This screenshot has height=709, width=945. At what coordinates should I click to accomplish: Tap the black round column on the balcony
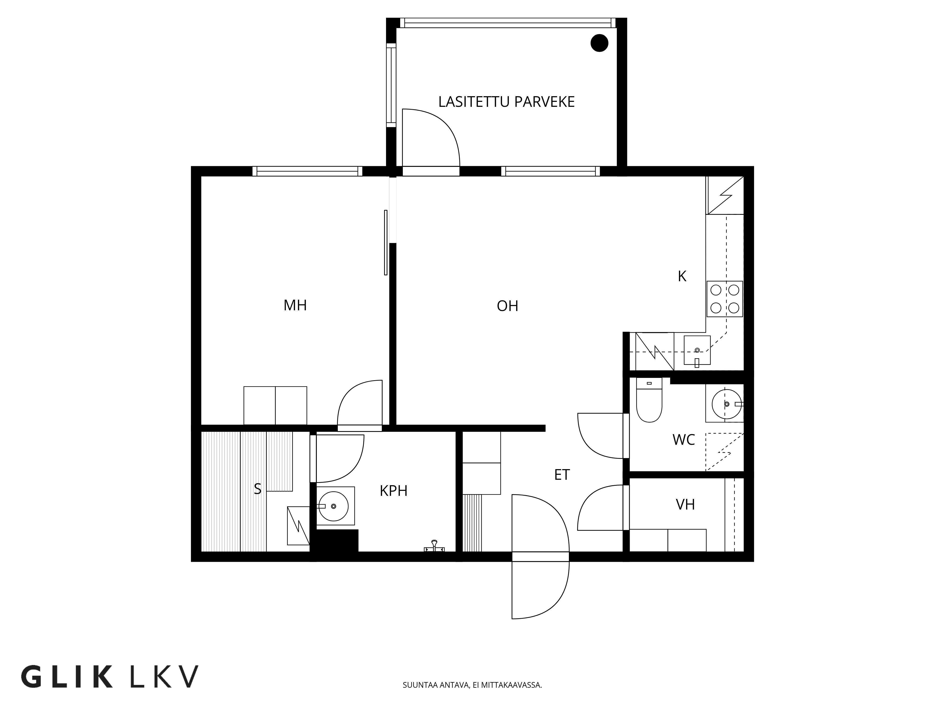(x=599, y=43)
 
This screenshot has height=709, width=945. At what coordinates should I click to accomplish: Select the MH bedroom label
(x=295, y=305)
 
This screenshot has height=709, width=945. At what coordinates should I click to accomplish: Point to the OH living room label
(x=507, y=306)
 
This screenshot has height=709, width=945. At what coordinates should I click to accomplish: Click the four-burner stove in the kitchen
(x=725, y=299)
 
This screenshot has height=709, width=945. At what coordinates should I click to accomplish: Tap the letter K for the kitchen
(x=682, y=277)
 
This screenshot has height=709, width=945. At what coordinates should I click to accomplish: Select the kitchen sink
(x=697, y=350)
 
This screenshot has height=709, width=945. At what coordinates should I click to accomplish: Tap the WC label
(x=683, y=440)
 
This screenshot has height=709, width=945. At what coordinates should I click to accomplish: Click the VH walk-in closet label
(x=685, y=505)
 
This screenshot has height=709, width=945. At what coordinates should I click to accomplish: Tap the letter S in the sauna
(x=258, y=489)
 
